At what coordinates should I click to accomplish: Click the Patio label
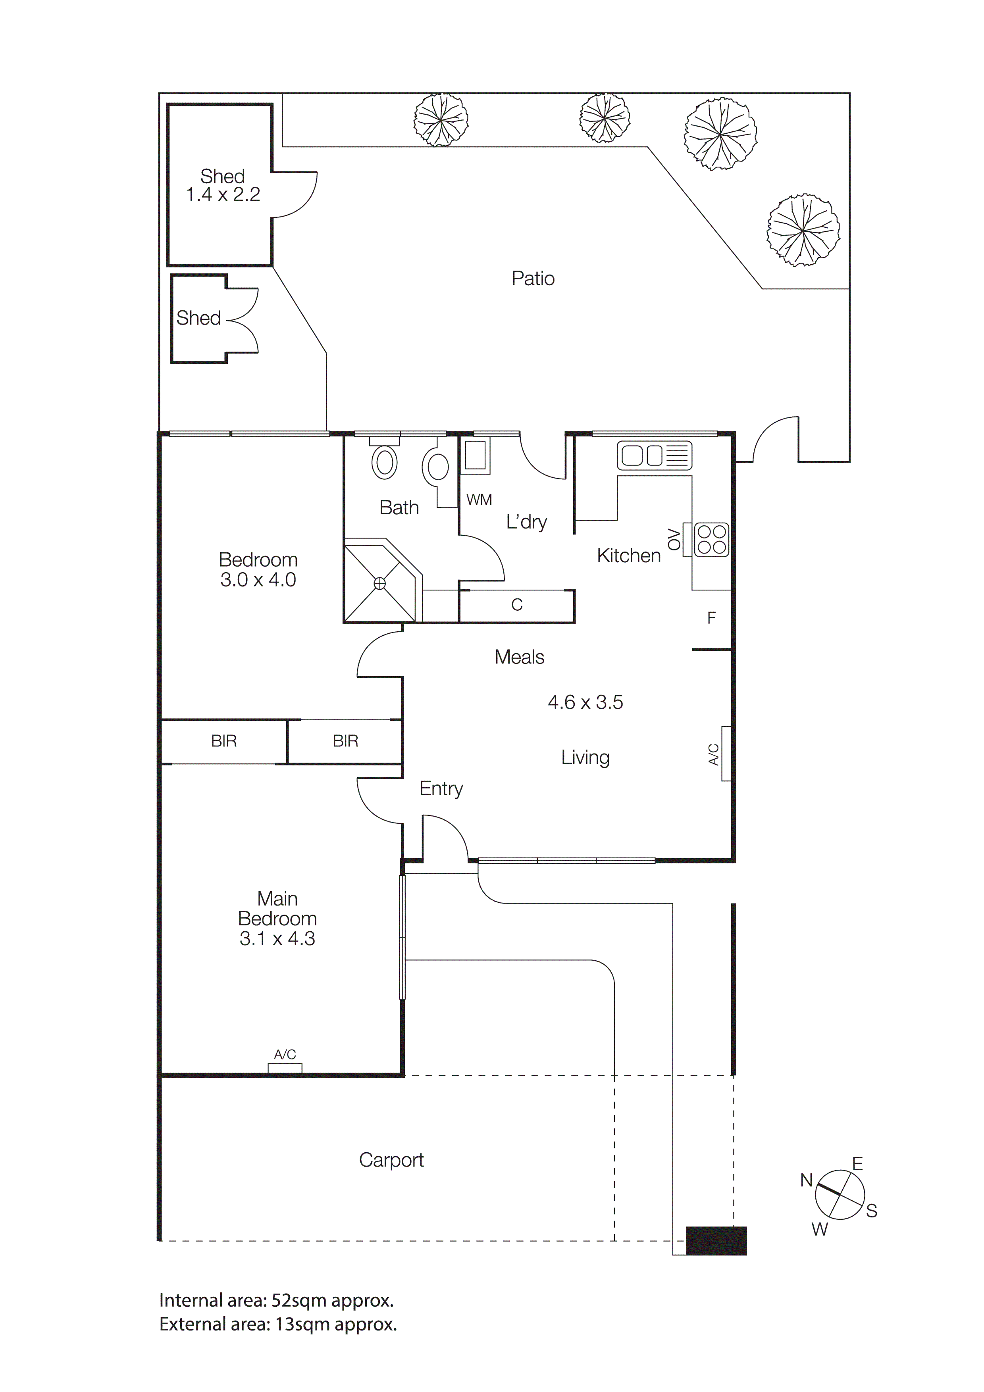click(533, 278)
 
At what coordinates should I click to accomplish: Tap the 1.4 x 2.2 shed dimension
click(223, 194)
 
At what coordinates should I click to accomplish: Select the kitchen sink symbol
click(654, 455)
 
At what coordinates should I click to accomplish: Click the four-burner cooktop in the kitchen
click(711, 540)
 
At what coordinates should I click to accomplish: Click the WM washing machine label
click(479, 500)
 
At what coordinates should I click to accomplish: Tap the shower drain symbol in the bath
click(379, 583)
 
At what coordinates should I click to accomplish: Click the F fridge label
click(712, 618)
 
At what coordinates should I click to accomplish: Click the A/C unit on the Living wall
click(726, 754)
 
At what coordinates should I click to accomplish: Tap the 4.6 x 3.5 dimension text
click(585, 702)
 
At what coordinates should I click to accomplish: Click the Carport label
click(391, 1160)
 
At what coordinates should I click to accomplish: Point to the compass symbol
click(839, 1194)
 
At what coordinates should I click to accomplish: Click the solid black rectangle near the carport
click(716, 1240)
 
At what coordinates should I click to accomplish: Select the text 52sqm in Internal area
click(296, 1300)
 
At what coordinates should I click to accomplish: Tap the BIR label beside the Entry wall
click(345, 741)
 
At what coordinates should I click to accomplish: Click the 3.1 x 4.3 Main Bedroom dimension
click(277, 938)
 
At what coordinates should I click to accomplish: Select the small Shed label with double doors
click(198, 318)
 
